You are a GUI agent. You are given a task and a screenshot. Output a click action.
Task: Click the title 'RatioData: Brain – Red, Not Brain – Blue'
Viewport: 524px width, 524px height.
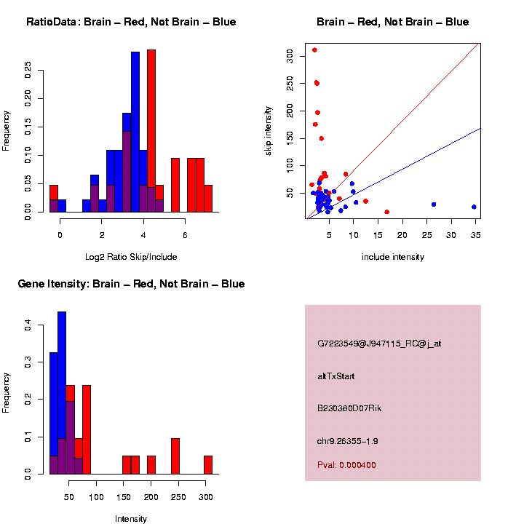point(131,23)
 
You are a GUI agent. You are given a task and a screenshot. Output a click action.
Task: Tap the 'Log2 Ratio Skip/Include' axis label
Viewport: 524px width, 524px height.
point(131,256)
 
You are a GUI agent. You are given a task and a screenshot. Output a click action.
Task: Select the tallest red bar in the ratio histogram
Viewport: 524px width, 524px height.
point(151,131)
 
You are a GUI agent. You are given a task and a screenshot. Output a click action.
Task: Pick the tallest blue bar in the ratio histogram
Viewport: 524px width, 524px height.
point(135,131)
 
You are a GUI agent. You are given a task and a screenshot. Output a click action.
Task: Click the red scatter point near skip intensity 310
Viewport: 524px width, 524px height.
point(314,50)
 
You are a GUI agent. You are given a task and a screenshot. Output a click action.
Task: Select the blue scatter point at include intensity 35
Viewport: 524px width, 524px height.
point(474,207)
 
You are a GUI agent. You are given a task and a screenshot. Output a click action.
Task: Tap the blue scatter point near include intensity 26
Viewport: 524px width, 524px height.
point(434,205)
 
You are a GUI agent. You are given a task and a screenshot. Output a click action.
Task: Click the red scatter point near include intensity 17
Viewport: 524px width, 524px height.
point(386,212)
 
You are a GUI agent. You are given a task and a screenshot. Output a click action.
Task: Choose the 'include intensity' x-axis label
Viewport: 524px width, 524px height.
point(393,257)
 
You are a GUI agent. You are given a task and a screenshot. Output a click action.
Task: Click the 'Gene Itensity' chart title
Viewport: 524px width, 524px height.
point(131,284)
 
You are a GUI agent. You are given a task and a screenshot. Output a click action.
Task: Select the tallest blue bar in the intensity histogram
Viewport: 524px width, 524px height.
point(62,393)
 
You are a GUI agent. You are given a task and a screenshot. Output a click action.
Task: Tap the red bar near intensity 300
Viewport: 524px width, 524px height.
point(208,465)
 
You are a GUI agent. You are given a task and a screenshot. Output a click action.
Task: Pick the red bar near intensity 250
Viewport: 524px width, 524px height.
point(175,456)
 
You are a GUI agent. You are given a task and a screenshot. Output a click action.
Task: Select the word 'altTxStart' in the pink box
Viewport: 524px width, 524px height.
point(336,376)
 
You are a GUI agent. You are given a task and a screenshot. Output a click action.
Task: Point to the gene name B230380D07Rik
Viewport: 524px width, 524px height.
point(349,408)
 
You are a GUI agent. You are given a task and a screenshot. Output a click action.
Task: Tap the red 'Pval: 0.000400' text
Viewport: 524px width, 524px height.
point(346,465)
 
